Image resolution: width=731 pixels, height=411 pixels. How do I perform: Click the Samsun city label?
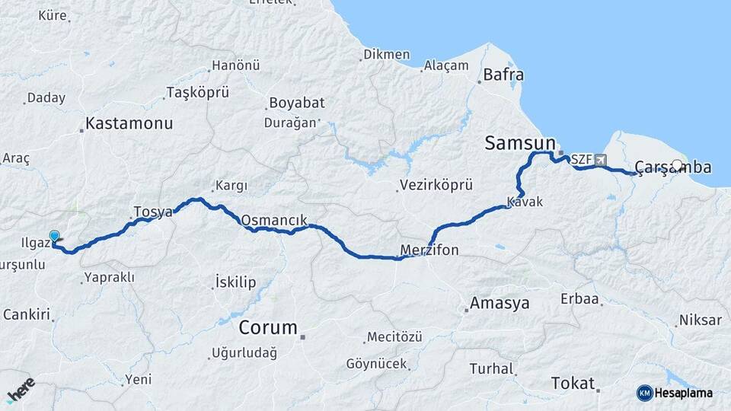519,142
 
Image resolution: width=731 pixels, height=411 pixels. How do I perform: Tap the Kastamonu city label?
129,123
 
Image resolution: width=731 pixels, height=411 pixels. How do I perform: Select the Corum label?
267,328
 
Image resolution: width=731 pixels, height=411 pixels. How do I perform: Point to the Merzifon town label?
429,250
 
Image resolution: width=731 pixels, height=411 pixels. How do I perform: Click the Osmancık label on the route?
274,220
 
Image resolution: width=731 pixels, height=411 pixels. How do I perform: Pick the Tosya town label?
153,211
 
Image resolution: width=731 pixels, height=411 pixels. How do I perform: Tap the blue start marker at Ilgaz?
54,237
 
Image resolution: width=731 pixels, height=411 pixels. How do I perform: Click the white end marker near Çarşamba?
677,165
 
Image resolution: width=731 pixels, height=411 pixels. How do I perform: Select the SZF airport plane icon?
602,161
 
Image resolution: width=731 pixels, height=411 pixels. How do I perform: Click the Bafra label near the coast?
503,75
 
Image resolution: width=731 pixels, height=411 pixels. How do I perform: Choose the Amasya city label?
500,303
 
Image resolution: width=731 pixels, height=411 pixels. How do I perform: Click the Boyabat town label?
295,102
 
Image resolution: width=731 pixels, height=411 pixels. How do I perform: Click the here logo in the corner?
21,389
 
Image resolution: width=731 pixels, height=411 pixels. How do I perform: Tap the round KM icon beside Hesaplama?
644,393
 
